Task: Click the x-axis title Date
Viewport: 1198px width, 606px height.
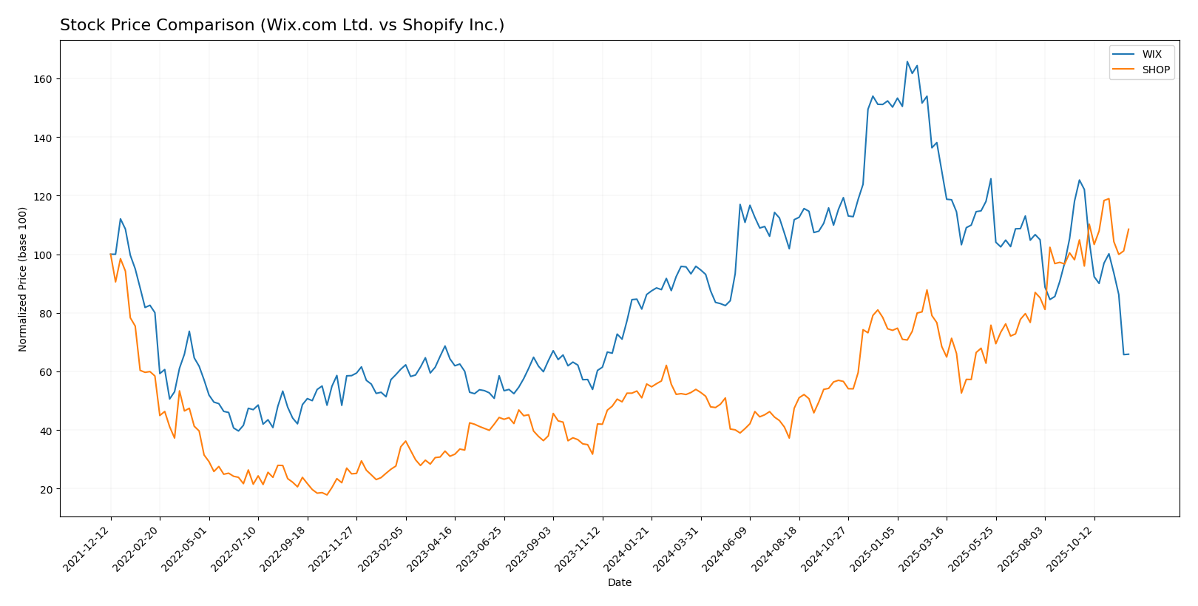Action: [619, 583]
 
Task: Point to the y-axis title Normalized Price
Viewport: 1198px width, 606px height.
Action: [23, 279]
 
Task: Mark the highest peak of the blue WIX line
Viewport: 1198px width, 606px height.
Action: [907, 61]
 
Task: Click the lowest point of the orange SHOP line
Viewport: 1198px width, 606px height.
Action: [327, 495]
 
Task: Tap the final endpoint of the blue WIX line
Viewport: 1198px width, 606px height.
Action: [1128, 354]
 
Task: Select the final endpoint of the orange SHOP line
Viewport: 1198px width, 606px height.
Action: [1128, 229]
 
